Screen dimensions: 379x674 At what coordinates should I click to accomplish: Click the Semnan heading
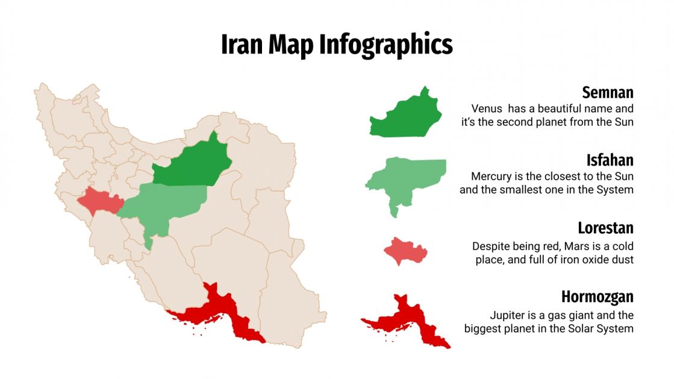point(608,92)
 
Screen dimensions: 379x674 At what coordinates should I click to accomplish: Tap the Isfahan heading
point(610,160)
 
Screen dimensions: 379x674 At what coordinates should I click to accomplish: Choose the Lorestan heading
point(605,228)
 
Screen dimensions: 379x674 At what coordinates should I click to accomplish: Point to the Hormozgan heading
point(598,296)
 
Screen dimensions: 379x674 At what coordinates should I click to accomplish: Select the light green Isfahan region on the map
point(169,205)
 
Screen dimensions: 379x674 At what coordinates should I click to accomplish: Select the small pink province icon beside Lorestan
point(404,251)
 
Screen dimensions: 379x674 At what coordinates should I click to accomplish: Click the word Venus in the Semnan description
point(487,109)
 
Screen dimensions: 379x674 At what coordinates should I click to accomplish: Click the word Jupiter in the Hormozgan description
point(507,315)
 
